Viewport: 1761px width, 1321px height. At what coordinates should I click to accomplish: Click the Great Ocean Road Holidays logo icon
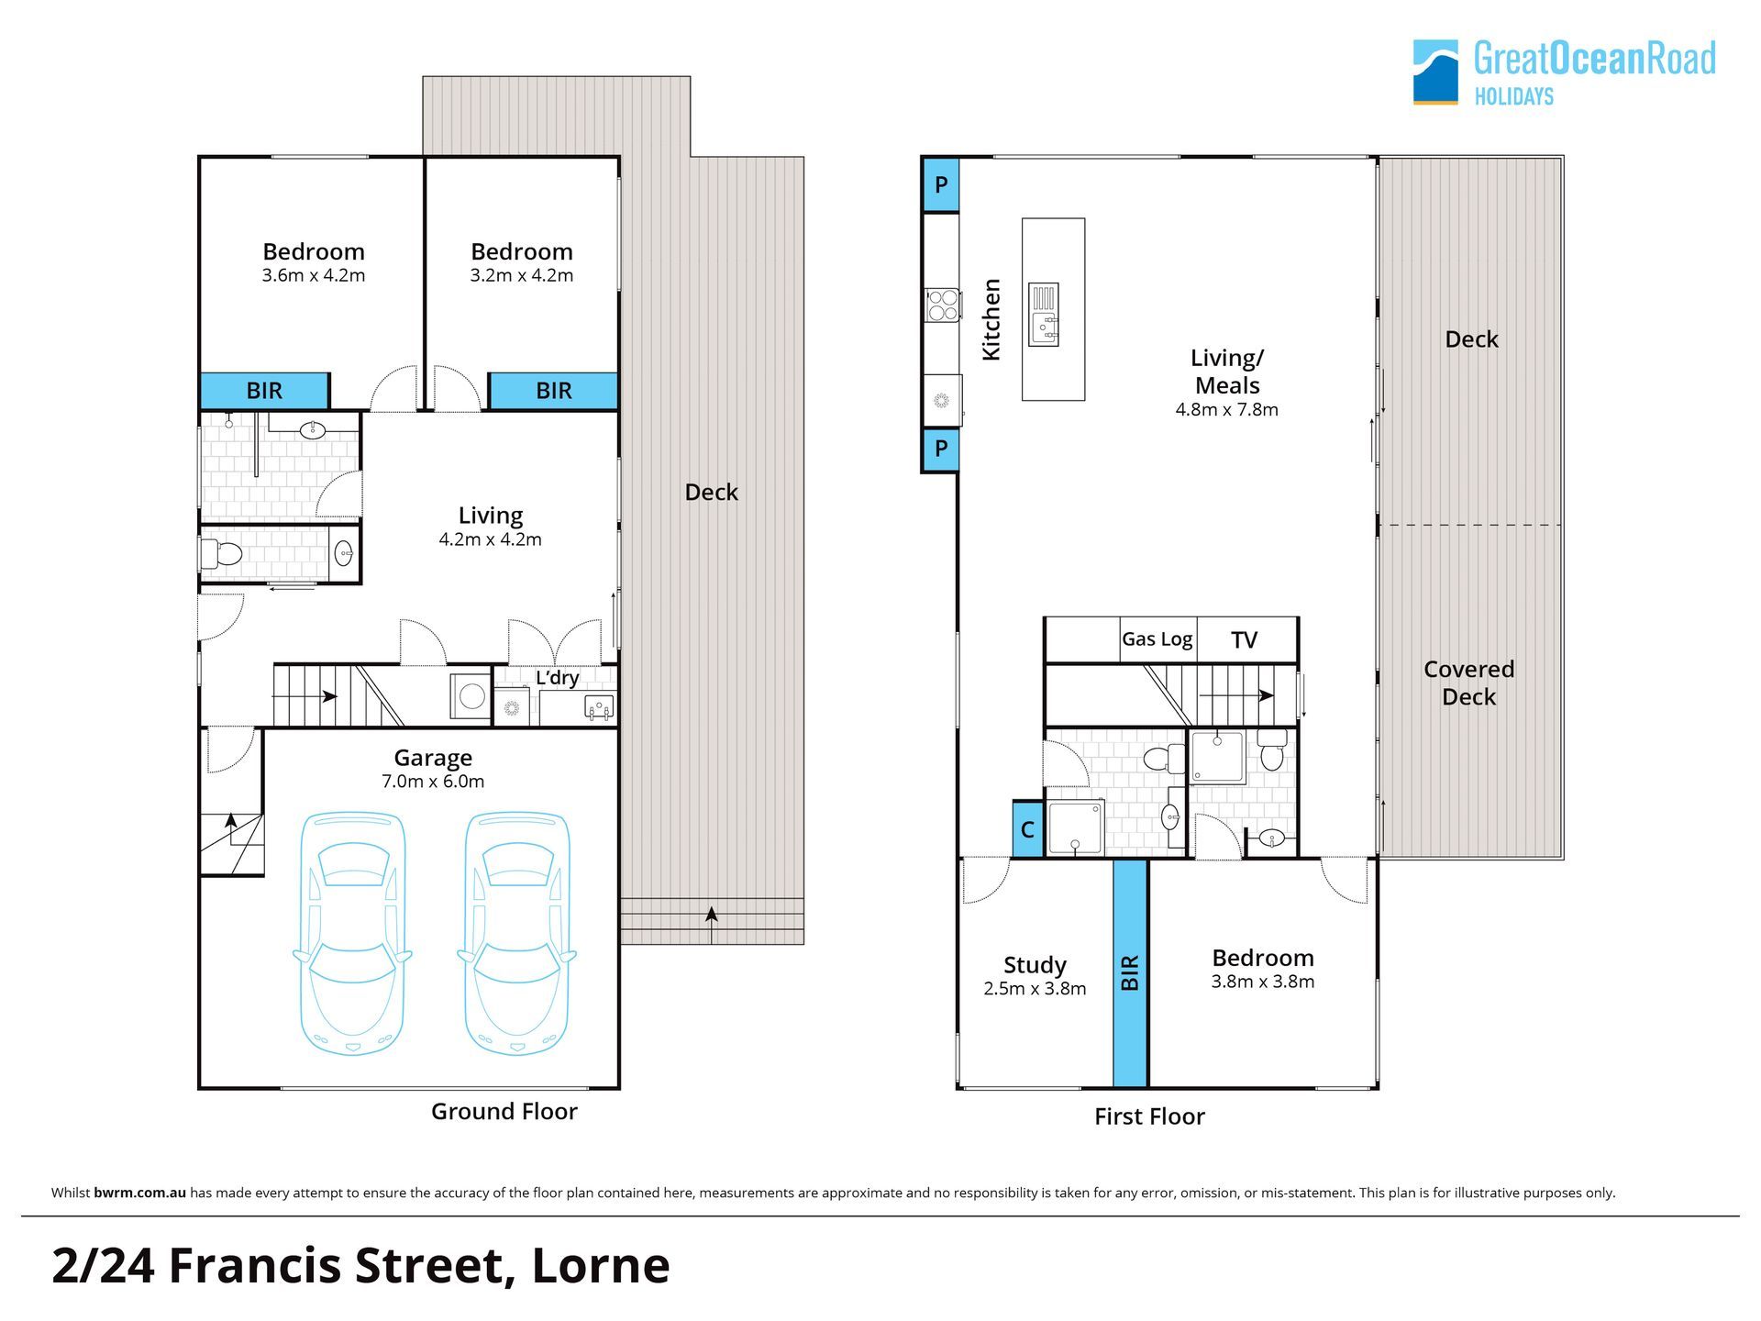[1435, 72]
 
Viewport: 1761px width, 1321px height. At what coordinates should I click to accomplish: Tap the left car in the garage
[352, 933]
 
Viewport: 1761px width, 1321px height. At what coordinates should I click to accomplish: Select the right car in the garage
[517, 933]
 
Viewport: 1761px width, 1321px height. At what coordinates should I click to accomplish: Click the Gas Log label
[1157, 639]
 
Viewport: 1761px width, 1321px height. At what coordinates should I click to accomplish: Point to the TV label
[1244, 639]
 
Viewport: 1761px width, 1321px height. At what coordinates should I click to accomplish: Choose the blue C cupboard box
[1027, 829]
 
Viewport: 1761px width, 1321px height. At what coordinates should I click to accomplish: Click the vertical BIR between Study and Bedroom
[1130, 972]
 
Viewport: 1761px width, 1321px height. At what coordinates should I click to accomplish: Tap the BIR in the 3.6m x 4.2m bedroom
[264, 391]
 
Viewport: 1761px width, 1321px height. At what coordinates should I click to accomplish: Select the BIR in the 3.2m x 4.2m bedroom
[553, 391]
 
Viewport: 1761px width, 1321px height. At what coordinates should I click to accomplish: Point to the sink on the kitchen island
[1044, 315]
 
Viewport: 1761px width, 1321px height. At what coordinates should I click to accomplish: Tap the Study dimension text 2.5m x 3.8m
[1035, 989]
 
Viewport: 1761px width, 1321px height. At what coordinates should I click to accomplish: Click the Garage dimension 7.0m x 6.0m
[433, 782]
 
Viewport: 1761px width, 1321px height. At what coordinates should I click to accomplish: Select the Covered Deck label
[1469, 683]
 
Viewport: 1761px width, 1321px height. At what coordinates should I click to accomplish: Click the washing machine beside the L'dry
[471, 696]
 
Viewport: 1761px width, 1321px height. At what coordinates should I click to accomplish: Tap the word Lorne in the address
[601, 1265]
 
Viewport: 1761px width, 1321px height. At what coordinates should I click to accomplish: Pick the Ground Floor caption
[504, 1111]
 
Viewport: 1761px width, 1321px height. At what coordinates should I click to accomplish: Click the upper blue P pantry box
[941, 184]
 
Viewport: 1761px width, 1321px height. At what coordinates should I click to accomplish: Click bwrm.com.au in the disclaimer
[139, 1193]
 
